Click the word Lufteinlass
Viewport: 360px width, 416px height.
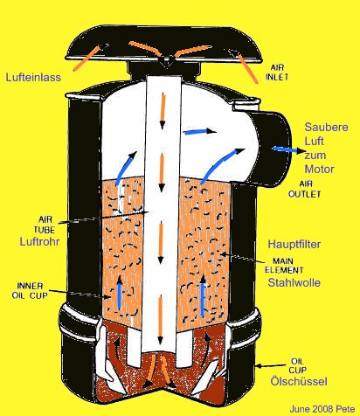(33, 77)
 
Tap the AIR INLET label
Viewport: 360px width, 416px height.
(277, 73)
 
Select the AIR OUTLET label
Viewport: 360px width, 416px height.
(305, 189)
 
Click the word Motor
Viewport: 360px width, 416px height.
(319, 169)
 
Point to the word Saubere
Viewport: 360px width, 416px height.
(326, 127)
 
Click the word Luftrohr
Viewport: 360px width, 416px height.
(39, 241)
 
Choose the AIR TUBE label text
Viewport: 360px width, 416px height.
(45, 225)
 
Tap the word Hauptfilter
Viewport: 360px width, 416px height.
(294, 244)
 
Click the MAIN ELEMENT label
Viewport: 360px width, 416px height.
(284, 266)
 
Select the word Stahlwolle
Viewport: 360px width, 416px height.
(294, 282)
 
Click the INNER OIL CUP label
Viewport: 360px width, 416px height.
(30, 290)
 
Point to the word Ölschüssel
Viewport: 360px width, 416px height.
(299, 381)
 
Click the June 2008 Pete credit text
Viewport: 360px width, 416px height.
(322, 409)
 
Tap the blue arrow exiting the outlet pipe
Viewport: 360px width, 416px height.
(289, 149)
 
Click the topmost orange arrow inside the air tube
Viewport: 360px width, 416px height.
(163, 111)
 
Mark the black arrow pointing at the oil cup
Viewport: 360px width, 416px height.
(271, 366)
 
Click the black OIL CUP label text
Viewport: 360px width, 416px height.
(297, 366)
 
